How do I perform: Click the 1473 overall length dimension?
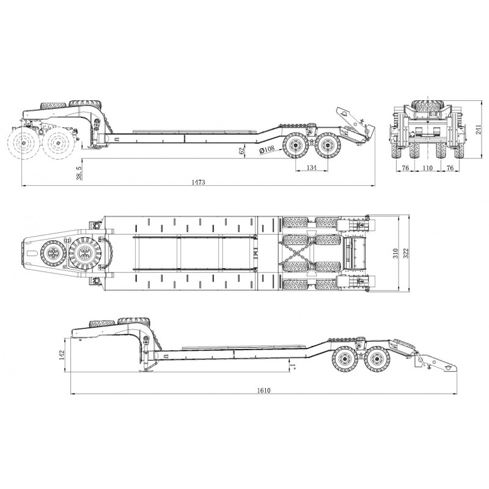point(198,182)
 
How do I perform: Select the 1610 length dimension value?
point(264,390)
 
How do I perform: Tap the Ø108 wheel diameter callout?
point(267,149)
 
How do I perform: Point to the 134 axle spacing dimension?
point(312,167)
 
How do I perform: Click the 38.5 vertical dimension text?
point(79,173)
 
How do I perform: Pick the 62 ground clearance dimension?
point(241,151)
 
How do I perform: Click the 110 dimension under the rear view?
point(427,167)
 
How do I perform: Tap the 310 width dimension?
point(395,253)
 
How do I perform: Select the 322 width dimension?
point(406,253)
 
